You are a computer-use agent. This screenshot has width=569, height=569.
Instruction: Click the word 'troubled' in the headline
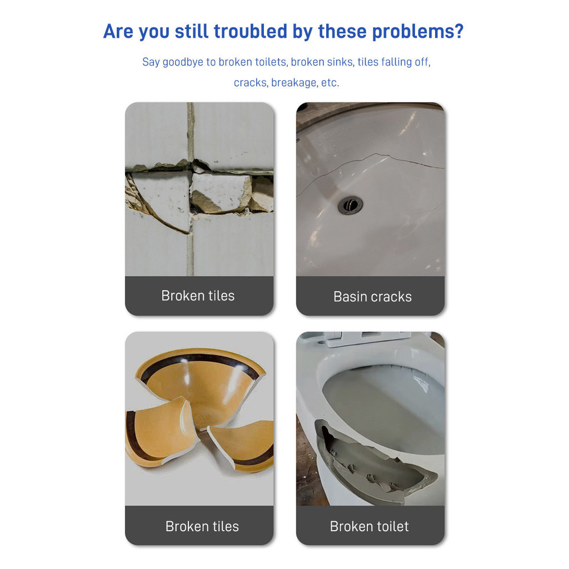[x=251, y=31]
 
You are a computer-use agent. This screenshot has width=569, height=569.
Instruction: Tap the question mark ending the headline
[x=458, y=31]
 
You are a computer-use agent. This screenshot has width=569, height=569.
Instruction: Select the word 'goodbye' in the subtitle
[x=182, y=62]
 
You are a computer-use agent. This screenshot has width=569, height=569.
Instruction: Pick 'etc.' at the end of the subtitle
[x=330, y=83]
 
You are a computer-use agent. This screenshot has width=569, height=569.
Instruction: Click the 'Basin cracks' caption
[x=372, y=297]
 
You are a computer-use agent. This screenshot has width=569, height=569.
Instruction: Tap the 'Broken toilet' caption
[x=369, y=527]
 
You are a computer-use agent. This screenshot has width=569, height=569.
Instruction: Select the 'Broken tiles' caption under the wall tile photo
[x=198, y=296]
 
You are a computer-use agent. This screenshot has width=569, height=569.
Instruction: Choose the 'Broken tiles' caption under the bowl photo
[x=202, y=527]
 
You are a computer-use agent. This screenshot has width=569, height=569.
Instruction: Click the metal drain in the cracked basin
[x=350, y=205]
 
